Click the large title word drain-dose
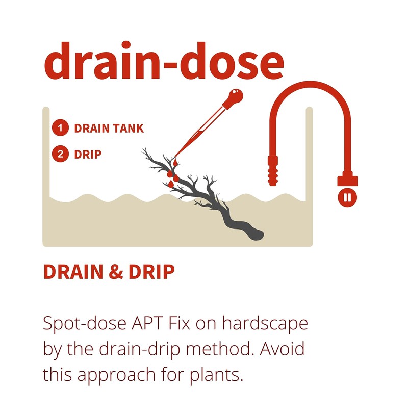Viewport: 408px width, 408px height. (163, 61)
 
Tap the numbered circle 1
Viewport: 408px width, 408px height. (60, 128)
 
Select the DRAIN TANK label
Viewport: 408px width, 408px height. (109, 129)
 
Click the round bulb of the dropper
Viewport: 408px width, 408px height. (235, 96)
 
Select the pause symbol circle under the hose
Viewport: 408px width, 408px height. (348, 197)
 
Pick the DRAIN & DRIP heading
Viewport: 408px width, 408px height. (109, 272)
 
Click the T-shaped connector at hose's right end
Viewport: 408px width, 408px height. (348, 180)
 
